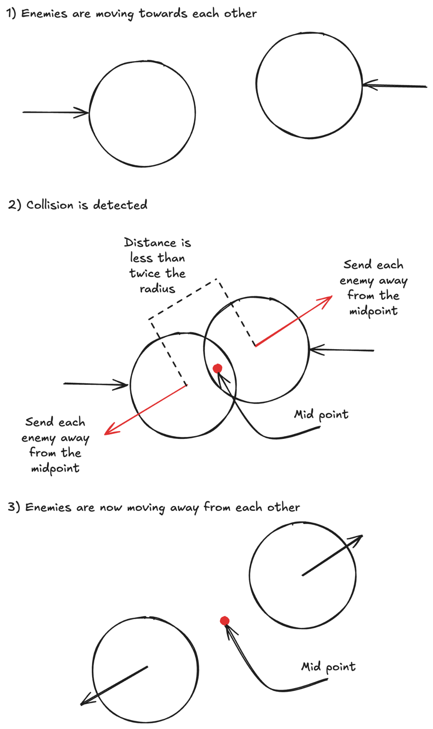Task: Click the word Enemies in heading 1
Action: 44,13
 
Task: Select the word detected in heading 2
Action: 120,205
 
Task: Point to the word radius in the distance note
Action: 157,289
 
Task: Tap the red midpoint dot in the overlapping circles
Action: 217,368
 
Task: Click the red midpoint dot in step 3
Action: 225,621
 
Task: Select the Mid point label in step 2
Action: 321,415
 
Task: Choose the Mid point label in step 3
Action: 328,667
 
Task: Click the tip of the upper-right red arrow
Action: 331,297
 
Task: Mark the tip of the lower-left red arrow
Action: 106,433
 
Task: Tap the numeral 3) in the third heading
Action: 14,507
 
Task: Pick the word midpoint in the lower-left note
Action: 55,468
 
